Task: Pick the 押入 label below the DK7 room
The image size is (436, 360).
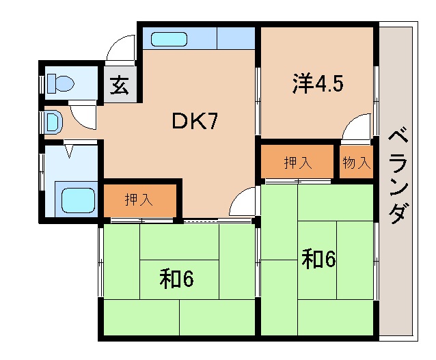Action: pyautogui.click(x=139, y=200)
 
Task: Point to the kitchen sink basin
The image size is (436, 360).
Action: pyautogui.click(x=169, y=39)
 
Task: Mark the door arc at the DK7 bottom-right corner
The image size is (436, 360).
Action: pyautogui.click(x=243, y=204)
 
